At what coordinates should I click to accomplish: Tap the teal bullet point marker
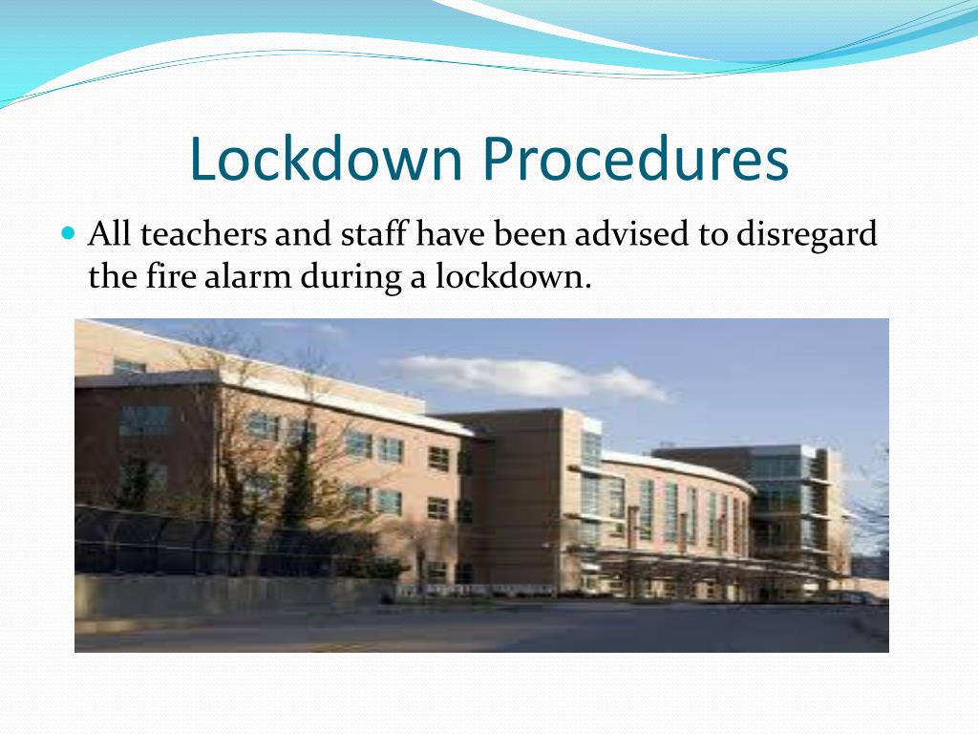pos(67,232)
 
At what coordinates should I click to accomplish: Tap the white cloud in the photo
pos(535,375)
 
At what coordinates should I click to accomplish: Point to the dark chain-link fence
pos(191,540)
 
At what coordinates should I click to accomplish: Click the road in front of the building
pos(478,631)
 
